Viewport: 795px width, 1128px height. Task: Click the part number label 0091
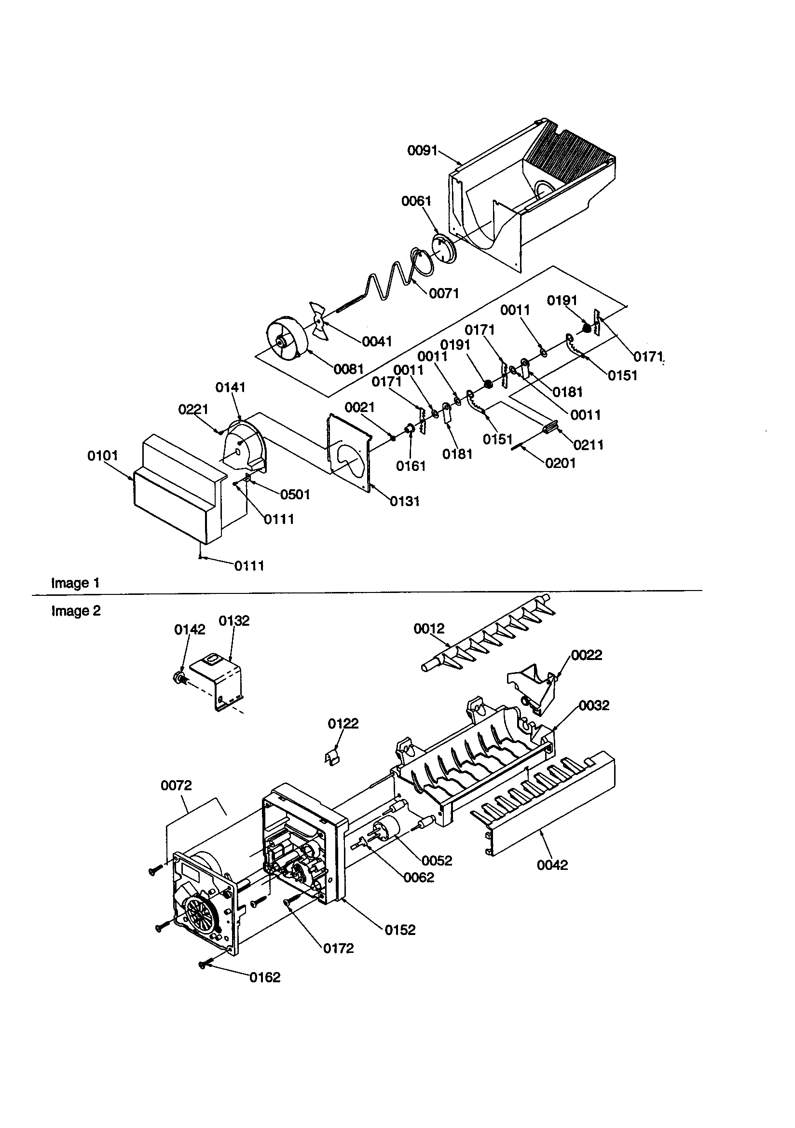(422, 151)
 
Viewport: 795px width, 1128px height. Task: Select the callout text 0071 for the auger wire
(444, 293)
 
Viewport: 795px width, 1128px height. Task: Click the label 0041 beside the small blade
(377, 342)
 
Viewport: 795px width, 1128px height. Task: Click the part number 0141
(231, 387)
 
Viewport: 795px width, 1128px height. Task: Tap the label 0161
(411, 466)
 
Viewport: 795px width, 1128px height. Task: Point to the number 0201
(560, 463)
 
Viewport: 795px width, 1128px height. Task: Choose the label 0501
(295, 494)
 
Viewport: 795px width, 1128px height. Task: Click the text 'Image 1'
(75, 583)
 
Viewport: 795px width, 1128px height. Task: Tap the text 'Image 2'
(76, 611)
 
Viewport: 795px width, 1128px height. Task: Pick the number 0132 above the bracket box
(234, 620)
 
